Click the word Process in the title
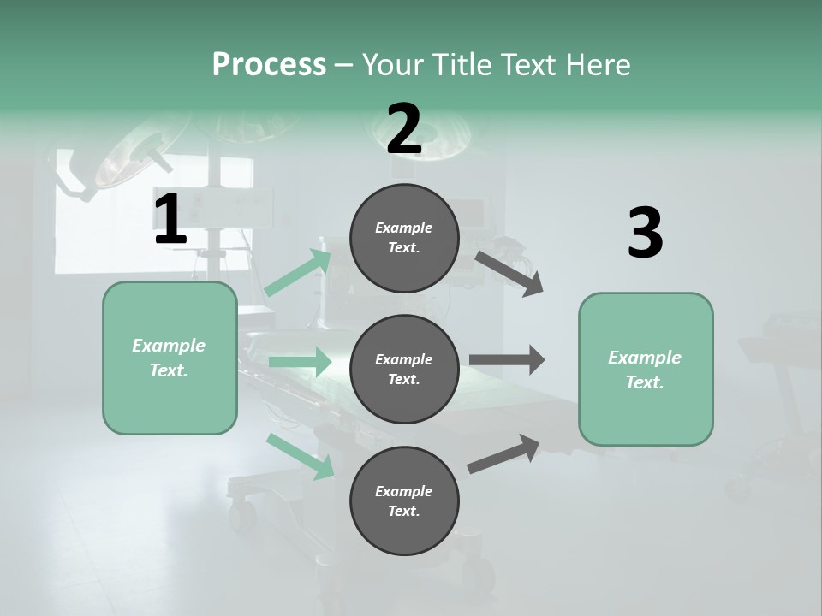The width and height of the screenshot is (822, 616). coord(269,65)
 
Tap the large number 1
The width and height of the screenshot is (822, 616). coord(170,220)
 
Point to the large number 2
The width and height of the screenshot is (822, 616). coord(404,129)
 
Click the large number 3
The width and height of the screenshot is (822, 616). coord(645,234)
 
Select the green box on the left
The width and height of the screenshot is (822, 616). coord(170,358)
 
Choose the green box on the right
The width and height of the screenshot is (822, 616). coord(646,369)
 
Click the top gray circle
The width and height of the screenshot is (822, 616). coord(404,238)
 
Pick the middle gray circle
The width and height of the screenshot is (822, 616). coord(404,369)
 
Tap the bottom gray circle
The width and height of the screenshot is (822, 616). coord(404,500)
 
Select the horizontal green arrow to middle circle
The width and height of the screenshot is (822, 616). coord(300,362)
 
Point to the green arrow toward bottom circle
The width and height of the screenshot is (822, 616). coord(301,456)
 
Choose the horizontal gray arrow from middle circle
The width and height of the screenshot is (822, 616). coord(507,360)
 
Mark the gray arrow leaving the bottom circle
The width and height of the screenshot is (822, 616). coord(503,453)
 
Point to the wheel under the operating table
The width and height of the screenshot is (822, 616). coord(242,513)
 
